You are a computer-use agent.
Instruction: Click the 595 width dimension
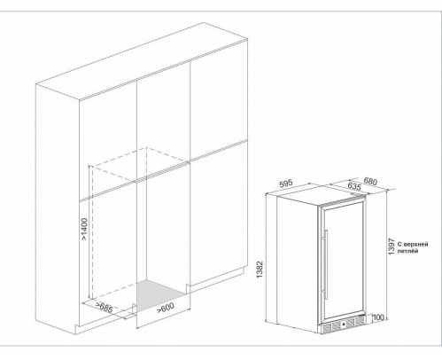coord(286,184)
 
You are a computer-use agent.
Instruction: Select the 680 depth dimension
coord(370,181)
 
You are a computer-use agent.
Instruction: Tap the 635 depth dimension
coord(354,186)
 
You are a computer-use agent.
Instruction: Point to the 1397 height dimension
coord(392,247)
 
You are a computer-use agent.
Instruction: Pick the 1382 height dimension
coord(260,270)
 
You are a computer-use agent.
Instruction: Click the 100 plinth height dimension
coord(378,317)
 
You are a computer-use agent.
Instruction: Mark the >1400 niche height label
coord(84,230)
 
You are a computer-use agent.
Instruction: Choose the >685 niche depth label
coord(104,308)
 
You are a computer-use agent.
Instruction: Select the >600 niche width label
coord(166,308)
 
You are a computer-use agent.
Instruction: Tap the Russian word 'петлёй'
coord(407,251)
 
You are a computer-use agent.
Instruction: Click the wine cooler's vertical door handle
coord(325,264)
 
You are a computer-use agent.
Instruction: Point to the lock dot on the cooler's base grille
coord(344,325)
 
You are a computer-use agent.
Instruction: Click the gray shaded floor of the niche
coord(160,294)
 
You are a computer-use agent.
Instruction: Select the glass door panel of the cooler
coord(342,261)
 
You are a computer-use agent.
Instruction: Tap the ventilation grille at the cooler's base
coord(343,325)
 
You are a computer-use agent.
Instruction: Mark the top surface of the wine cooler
coord(321,195)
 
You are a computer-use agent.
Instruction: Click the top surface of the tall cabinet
coord(141,60)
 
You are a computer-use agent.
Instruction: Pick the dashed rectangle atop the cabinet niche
coord(139,164)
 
